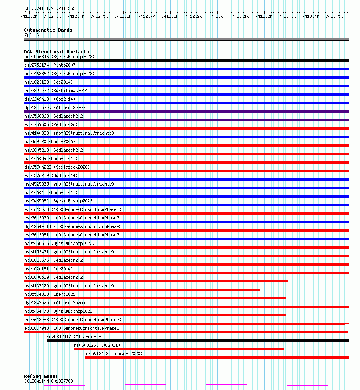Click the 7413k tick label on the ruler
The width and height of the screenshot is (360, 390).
[217, 16]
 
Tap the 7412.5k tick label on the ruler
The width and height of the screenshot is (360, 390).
[99, 16]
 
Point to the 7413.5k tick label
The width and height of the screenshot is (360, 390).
[334, 16]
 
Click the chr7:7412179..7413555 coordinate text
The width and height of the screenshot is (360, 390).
[49, 8]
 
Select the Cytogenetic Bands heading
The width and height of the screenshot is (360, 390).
[48, 30]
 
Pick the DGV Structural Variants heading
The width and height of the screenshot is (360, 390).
[56, 52]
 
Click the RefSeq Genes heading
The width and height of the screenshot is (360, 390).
[41, 376]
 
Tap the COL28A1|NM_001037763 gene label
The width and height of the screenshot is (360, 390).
[49, 381]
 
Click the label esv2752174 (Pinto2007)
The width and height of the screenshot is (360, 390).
[51, 65]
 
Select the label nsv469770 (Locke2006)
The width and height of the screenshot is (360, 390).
[50, 141]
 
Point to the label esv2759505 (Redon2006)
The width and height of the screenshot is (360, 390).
[51, 124]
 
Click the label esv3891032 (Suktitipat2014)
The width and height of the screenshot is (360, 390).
[57, 91]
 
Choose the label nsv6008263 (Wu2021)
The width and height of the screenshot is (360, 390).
[97, 345]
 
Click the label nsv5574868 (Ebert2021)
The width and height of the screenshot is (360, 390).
[51, 294]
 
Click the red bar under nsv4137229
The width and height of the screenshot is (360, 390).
[142, 290]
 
